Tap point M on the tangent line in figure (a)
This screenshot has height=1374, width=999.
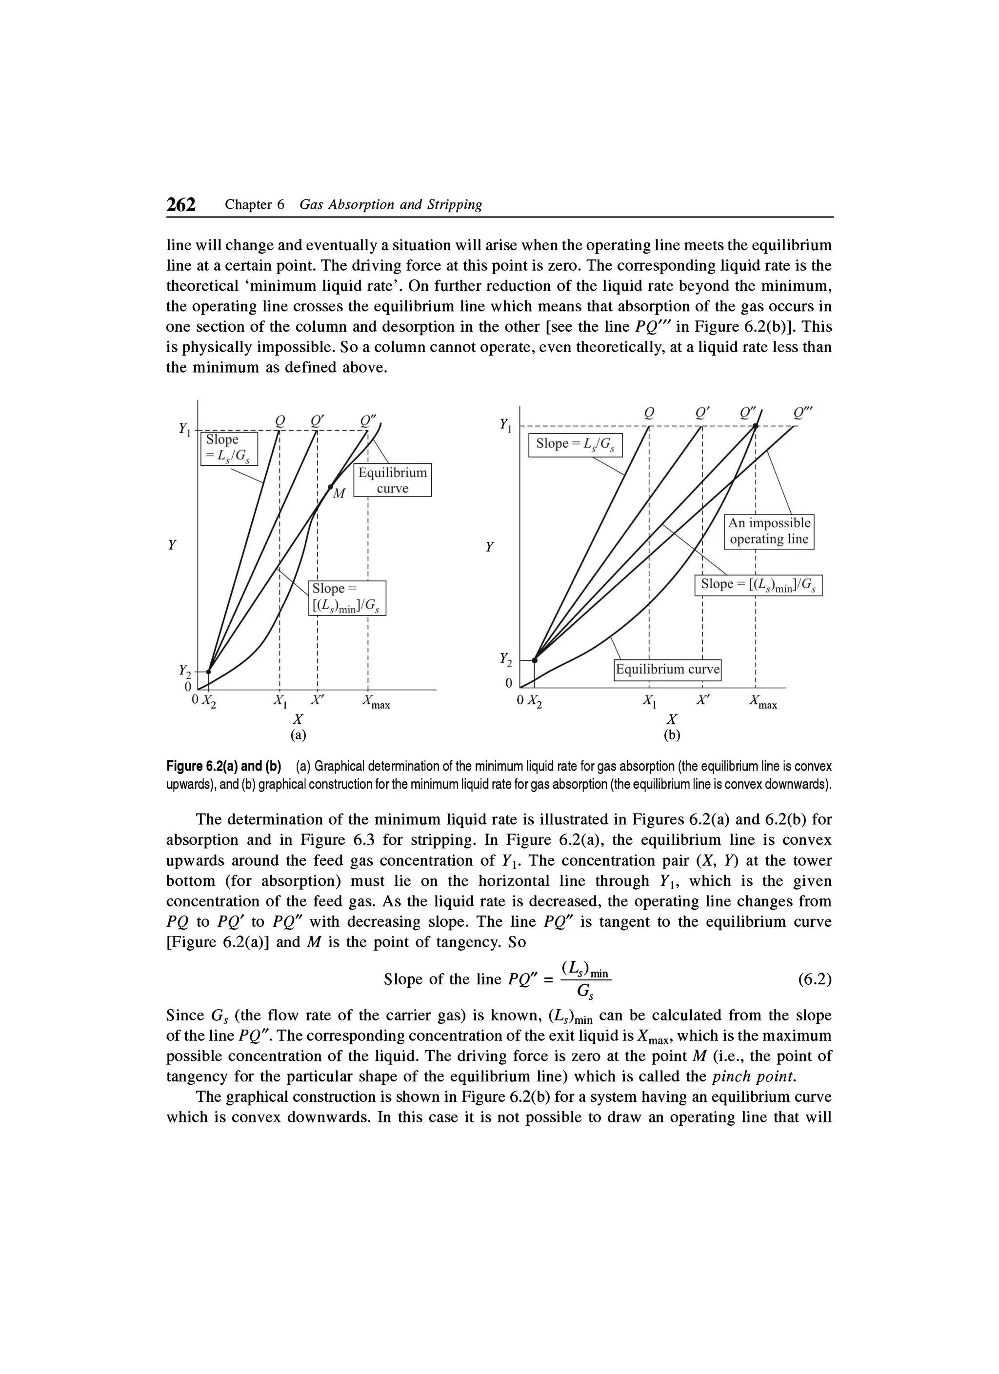pos(331,486)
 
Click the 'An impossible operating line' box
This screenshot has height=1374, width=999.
pos(769,531)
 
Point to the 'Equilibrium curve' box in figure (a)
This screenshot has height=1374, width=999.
pos(392,480)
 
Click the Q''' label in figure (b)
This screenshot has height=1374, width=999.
pos(804,413)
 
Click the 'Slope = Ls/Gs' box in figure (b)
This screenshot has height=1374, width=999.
pos(575,444)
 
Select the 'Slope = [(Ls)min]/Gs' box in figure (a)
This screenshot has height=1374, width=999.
pos(347,598)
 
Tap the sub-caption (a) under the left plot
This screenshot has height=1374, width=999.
pos(298,736)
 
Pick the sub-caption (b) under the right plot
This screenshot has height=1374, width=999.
pos(672,736)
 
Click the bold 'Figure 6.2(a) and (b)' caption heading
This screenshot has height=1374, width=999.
pos(223,766)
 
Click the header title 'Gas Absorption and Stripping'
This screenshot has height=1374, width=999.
pos(391,205)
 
